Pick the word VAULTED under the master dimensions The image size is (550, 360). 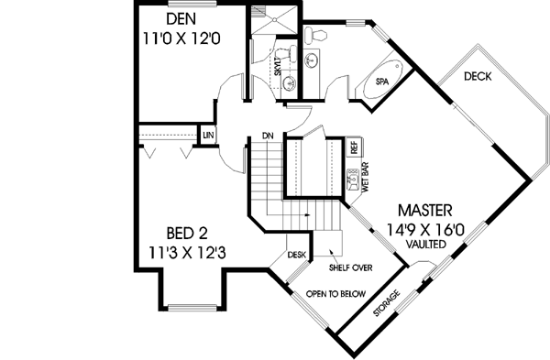click(428, 246)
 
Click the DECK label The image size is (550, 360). click(478, 77)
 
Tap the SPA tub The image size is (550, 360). click(382, 82)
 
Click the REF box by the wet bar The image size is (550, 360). click(353, 147)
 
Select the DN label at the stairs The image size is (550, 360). click(268, 136)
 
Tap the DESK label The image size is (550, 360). click(296, 256)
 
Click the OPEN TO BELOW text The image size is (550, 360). click(335, 294)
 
